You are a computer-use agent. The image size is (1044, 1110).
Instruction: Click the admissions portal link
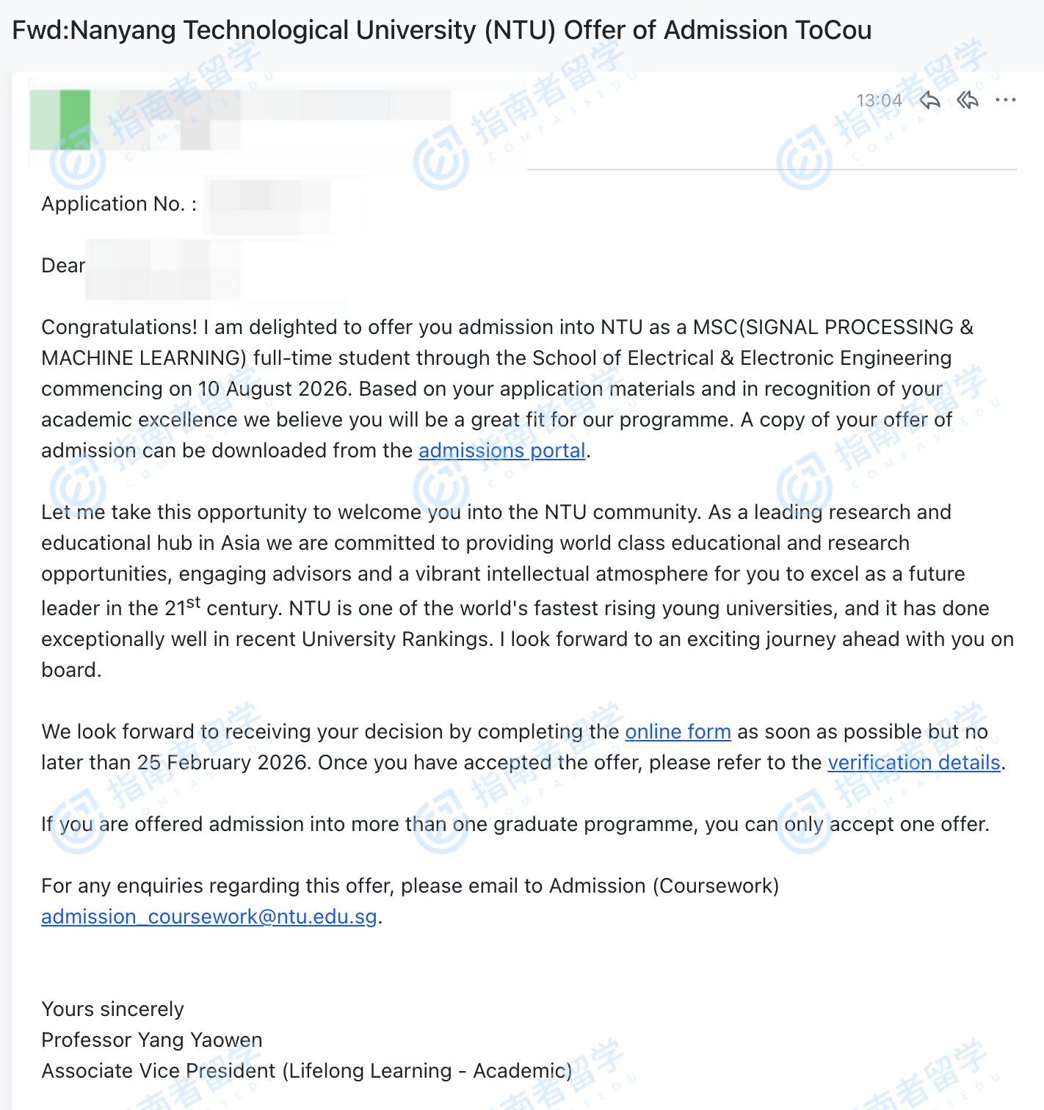(502, 450)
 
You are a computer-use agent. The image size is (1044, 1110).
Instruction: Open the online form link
(678, 731)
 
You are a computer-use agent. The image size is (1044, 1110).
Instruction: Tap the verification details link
(914, 762)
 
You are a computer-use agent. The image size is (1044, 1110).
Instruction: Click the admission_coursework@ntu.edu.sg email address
(209, 916)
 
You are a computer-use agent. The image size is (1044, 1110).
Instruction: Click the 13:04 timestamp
(879, 101)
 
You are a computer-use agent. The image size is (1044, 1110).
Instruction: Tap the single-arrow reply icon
(929, 100)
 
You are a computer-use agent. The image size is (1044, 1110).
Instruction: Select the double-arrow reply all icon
(968, 100)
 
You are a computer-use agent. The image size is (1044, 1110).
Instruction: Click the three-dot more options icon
(1006, 100)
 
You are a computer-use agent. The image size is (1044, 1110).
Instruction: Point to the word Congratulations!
(119, 327)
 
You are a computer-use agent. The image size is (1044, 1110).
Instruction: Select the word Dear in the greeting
(63, 265)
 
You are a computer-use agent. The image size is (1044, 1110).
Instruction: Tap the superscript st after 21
(193, 602)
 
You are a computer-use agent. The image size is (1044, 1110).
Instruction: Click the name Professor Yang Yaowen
(151, 1040)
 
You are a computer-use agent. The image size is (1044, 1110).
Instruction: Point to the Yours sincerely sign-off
(112, 1009)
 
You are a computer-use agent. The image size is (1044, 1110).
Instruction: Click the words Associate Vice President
(159, 1070)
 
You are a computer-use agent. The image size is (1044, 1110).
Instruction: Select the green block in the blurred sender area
(74, 119)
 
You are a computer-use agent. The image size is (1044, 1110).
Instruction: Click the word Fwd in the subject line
(38, 30)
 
